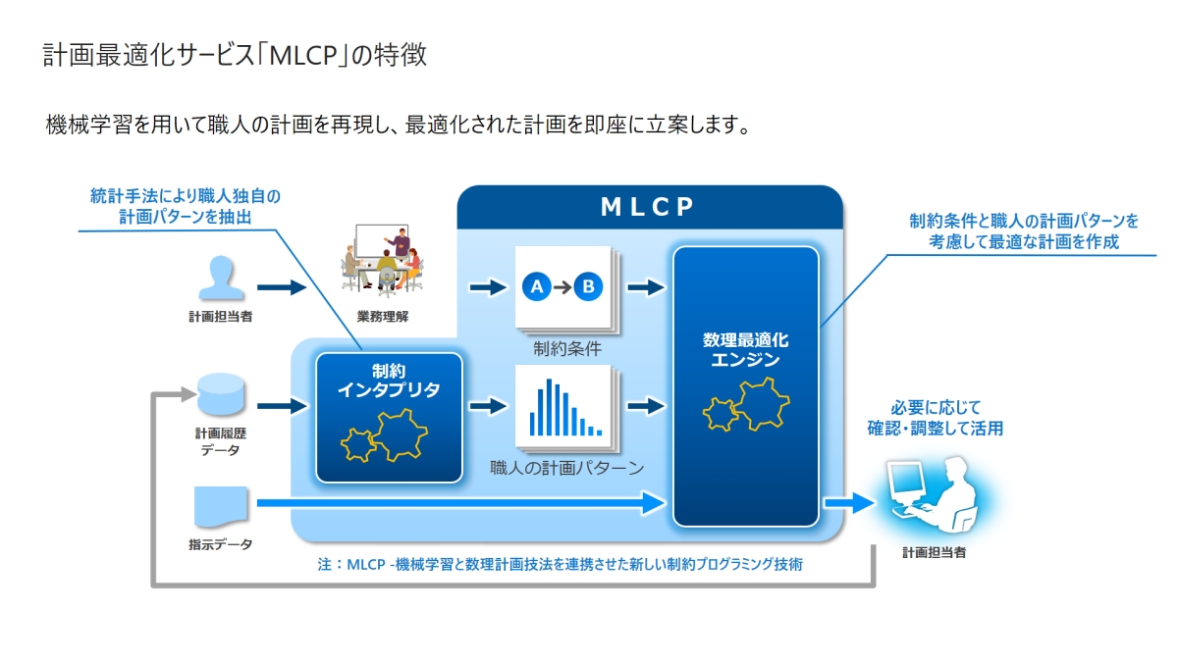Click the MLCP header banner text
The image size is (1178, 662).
[648, 207]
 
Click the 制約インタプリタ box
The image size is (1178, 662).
[389, 417]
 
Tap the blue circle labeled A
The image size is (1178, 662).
[536, 287]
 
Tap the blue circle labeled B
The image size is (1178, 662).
[587, 287]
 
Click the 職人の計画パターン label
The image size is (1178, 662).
[567, 468]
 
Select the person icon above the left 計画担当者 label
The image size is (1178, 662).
[220, 278]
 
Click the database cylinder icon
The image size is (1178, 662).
[220, 395]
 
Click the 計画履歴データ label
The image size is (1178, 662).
[220, 440]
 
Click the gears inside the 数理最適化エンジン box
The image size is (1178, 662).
[746, 403]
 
